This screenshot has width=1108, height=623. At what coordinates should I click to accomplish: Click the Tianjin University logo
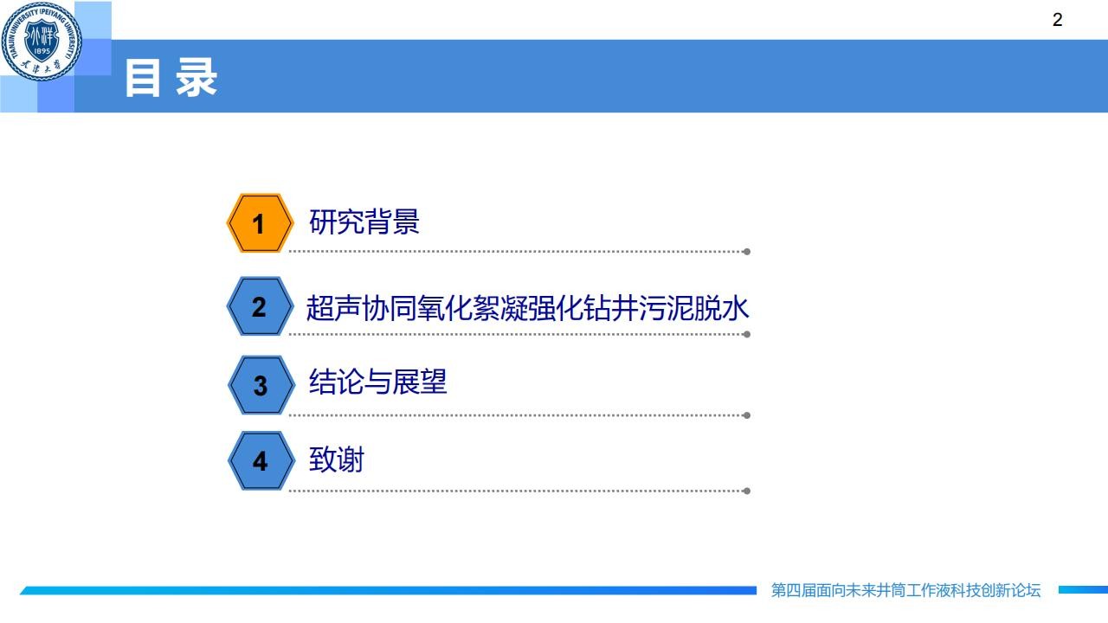pyautogui.click(x=42, y=41)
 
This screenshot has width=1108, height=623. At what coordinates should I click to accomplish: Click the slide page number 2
pyautogui.click(x=1057, y=20)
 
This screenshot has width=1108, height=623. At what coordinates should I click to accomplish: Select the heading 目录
pyautogui.click(x=171, y=77)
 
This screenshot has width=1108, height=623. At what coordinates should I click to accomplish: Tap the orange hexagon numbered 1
pyautogui.click(x=260, y=223)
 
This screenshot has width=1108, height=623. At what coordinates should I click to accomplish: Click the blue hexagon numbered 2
pyautogui.click(x=260, y=306)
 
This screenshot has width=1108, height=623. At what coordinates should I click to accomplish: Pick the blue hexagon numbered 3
pyautogui.click(x=261, y=385)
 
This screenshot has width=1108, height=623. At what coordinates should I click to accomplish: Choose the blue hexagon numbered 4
pyautogui.click(x=261, y=460)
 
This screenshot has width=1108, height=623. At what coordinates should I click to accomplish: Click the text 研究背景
pyautogui.click(x=364, y=221)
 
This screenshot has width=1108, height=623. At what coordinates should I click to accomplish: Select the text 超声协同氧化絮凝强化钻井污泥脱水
pyautogui.click(x=527, y=307)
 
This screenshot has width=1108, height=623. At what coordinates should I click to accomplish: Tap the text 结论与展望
pyautogui.click(x=378, y=382)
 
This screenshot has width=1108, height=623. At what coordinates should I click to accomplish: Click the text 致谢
pyautogui.click(x=337, y=459)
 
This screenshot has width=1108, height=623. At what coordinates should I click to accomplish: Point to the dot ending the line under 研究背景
pyautogui.click(x=747, y=252)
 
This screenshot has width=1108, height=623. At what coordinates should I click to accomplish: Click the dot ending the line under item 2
pyautogui.click(x=747, y=334)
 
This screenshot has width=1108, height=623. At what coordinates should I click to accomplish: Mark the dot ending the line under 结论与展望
pyautogui.click(x=747, y=415)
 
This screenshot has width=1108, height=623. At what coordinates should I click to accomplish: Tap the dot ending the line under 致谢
pyautogui.click(x=747, y=491)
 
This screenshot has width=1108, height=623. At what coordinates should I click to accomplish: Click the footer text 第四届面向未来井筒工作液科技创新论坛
pyautogui.click(x=905, y=590)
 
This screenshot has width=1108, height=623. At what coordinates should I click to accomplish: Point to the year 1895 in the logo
pyautogui.click(x=42, y=51)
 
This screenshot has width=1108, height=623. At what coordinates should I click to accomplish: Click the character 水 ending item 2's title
pyautogui.click(x=735, y=307)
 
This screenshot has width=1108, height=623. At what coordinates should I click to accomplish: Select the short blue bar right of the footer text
pyautogui.click(x=1083, y=589)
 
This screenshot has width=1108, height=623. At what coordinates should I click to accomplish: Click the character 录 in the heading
pyautogui.click(x=196, y=77)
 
